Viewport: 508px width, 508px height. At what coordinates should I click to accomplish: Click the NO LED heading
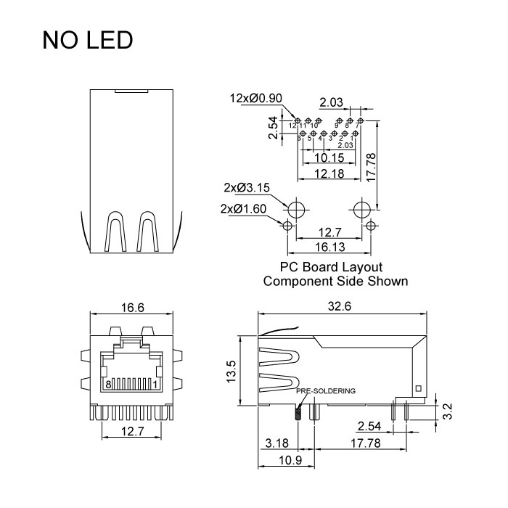[88, 40]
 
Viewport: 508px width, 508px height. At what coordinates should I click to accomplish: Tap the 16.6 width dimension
[131, 308]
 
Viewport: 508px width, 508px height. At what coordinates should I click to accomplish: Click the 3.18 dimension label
[278, 443]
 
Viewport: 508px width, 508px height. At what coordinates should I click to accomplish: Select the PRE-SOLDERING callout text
[326, 390]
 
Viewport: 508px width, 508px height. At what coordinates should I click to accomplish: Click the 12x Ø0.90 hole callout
[255, 98]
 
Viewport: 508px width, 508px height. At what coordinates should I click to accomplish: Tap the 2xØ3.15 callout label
[247, 187]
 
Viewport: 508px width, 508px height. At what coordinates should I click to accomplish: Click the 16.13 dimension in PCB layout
[329, 247]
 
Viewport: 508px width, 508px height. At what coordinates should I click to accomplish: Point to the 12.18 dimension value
[329, 173]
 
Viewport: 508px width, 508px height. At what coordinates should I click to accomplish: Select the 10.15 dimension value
[329, 157]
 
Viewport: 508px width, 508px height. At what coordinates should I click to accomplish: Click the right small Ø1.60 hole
[371, 226]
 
